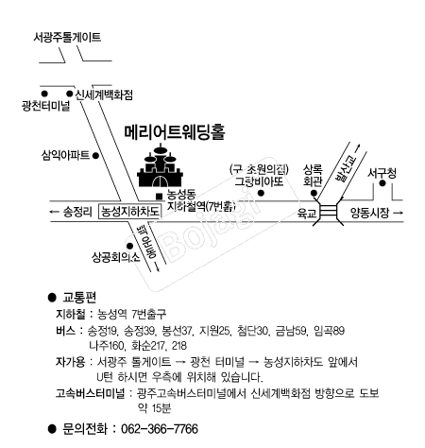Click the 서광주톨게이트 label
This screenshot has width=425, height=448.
click(x=67, y=38)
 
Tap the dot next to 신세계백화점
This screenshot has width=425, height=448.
click(x=70, y=94)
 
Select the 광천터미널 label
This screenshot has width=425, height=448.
click(x=46, y=106)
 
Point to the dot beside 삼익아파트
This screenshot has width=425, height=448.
click(x=96, y=156)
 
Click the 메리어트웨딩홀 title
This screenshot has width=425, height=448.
click(x=175, y=131)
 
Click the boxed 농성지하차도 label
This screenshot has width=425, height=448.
click(x=130, y=211)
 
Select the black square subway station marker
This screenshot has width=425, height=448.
click(x=160, y=197)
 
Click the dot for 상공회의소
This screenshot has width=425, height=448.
click(x=129, y=246)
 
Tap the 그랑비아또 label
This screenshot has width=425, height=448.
click(x=259, y=181)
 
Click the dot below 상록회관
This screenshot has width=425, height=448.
click(x=314, y=193)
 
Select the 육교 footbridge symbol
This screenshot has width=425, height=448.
click(x=328, y=211)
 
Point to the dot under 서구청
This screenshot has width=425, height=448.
click(x=382, y=183)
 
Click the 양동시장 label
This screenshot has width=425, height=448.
click(x=370, y=213)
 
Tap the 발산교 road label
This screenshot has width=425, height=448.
click(x=344, y=169)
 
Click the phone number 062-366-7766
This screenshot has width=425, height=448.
click(x=160, y=429)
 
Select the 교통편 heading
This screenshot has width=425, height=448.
click(x=79, y=297)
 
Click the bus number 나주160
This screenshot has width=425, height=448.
click(x=107, y=346)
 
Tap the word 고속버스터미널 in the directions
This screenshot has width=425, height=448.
click(x=91, y=393)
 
